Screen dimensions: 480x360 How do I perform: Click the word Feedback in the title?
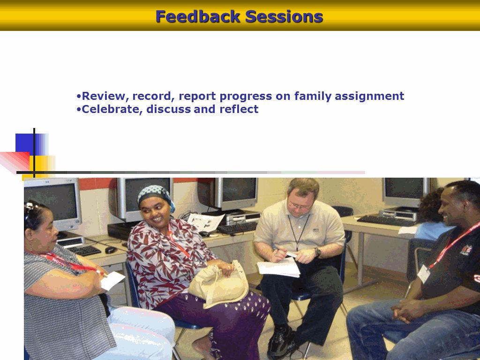[x=198, y=16]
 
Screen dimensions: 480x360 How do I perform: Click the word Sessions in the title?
[x=284, y=16]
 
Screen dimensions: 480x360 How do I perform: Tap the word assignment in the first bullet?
[x=369, y=97]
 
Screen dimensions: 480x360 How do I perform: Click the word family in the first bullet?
[x=313, y=97]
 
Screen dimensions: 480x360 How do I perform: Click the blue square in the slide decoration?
[x=25, y=143]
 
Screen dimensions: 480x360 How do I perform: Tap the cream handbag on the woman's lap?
[x=218, y=285]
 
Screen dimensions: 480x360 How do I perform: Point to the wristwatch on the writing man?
[x=318, y=252]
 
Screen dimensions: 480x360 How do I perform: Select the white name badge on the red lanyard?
[x=424, y=273]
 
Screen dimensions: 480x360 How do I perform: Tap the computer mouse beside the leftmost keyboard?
[x=110, y=250]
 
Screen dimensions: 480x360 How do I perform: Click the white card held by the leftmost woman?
[x=112, y=280]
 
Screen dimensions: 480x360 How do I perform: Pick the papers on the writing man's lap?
[x=279, y=267]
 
